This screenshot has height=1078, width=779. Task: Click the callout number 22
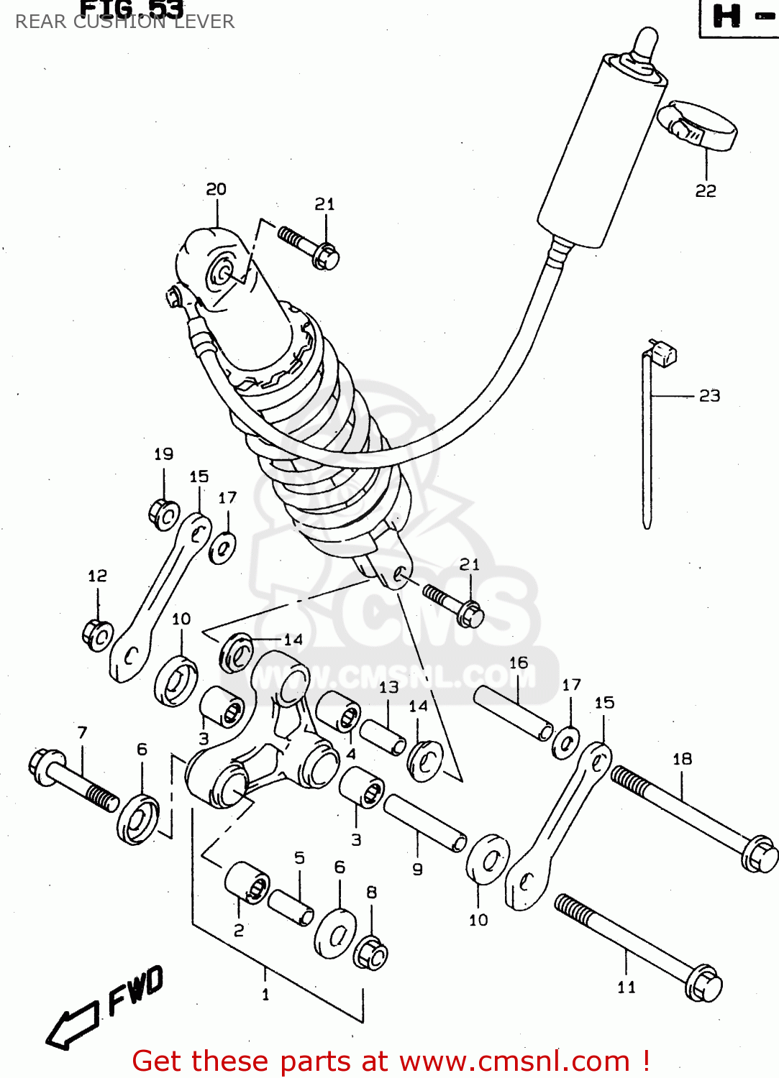(x=706, y=190)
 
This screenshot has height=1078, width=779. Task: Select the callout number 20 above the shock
(x=216, y=189)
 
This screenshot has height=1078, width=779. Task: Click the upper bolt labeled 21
(x=309, y=247)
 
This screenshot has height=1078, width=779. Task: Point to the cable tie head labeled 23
(x=662, y=353)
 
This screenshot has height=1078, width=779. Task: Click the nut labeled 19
(x=164, y=514)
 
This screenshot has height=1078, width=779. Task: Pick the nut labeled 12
(x=97, y=634)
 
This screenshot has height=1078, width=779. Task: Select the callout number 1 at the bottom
(x=265, y=995)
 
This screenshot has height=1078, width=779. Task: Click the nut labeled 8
(x=370, y=954)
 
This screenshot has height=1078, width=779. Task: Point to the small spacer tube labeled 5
(x=291, y=907)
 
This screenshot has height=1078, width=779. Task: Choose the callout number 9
(x=417, y=869)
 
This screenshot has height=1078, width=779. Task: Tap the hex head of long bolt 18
(x=758, y=854)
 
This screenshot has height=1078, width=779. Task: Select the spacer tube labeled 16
(x=514, y=713)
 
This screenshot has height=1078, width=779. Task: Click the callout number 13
(x=388, y=687)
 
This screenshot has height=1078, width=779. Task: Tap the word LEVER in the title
(x=204, y=22)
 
